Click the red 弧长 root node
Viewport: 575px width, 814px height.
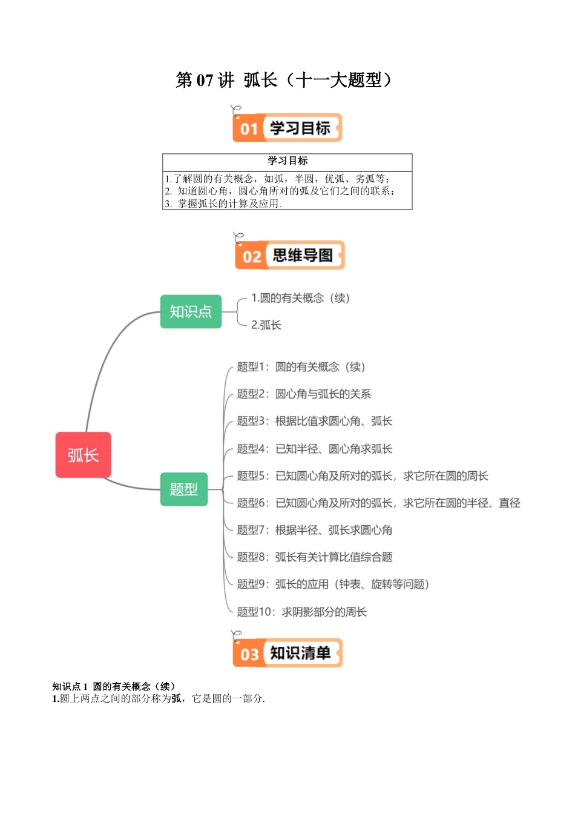84,455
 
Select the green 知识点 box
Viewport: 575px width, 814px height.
191,311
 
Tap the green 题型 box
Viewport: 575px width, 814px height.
184,489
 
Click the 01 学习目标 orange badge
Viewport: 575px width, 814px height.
287,128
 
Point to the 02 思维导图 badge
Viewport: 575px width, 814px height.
289,255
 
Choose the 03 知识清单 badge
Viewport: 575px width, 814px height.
287,653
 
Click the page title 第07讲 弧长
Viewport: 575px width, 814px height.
284,80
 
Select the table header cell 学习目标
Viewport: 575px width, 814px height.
287,160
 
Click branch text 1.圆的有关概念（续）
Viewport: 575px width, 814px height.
300,298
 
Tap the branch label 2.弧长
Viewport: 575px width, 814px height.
266,325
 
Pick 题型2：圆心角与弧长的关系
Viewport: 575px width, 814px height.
304,394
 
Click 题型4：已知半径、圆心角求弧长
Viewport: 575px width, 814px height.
315,449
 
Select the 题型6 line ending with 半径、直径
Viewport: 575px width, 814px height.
378,503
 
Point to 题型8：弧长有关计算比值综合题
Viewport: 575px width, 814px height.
315,557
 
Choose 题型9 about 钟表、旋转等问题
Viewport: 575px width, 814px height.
333,584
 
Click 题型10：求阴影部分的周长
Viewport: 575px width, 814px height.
301,612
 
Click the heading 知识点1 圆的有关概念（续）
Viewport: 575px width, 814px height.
114,686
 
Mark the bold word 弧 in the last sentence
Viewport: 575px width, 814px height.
176,698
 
